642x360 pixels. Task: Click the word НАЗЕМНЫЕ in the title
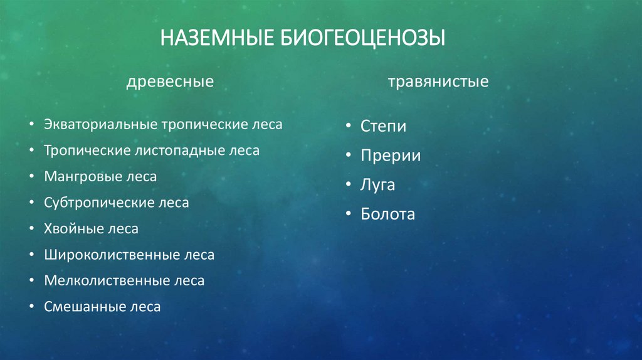213,37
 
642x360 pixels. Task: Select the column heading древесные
170,82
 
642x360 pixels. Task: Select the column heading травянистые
438,82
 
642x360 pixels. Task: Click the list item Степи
383,126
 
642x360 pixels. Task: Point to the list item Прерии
391,156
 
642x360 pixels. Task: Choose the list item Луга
378,186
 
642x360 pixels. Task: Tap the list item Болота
388,214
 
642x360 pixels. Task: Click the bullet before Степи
348,126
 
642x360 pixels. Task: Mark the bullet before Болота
348,214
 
